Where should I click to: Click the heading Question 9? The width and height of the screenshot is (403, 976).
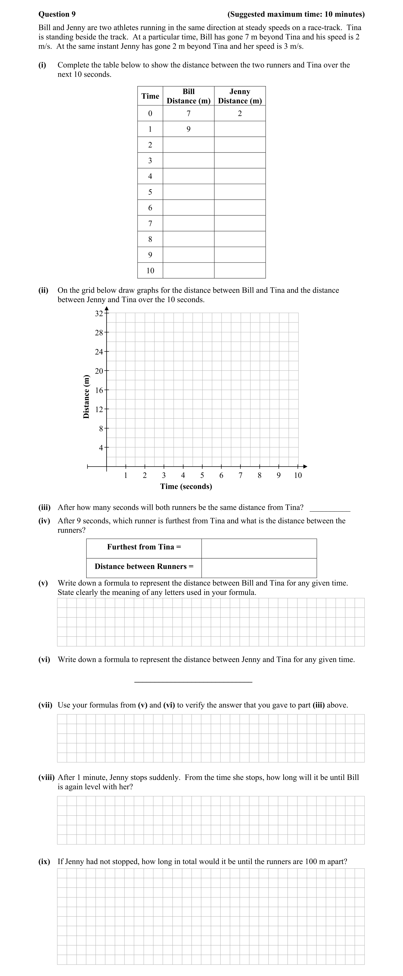[x=57, y=14]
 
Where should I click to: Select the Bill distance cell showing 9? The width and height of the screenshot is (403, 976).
[x=189, y=129]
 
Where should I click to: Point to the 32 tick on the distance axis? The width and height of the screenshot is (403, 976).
[x=99, y=314]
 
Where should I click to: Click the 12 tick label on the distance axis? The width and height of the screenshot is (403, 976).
[x=99, y=409]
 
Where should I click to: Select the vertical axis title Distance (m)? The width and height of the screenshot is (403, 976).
[x=86, y=396]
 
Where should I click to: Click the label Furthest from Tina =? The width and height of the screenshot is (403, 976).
[x=144, y=547]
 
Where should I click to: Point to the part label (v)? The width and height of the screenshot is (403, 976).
[x=43, y=583]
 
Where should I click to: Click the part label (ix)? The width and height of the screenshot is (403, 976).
[x=44, y=862]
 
